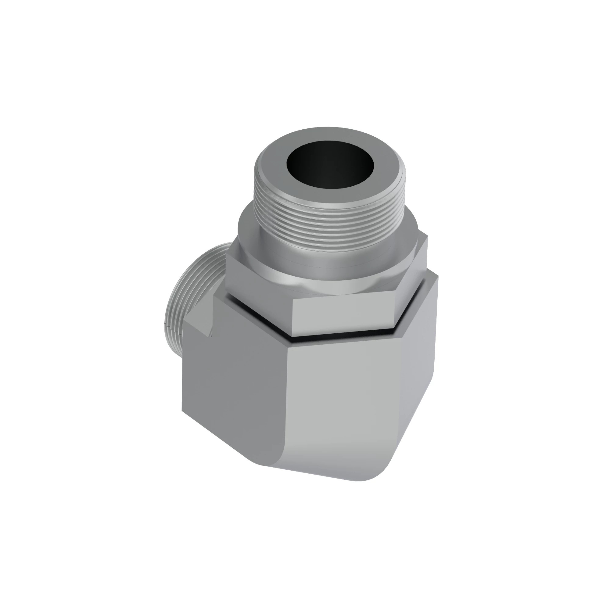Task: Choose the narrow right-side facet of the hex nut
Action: (411, 284)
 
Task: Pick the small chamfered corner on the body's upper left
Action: (197, 325)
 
